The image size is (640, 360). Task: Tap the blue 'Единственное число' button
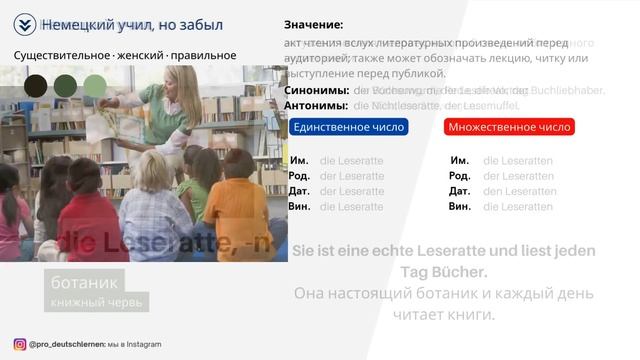(349, 127)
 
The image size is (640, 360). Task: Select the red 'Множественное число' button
(509, 127)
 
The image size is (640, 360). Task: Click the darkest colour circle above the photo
(35, 85)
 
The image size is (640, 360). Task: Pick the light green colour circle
(95, 85)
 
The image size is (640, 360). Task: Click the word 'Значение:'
(313, 25)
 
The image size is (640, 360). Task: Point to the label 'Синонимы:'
(316, 90)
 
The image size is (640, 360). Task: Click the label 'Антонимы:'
(316, 105)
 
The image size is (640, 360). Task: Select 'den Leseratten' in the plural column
(518, 191)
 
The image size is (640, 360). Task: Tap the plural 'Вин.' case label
(460, 206)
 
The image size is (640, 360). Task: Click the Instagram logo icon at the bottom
(20, 344)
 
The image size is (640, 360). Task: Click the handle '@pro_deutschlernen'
(67, 344)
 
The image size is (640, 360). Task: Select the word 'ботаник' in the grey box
(92, 281)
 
